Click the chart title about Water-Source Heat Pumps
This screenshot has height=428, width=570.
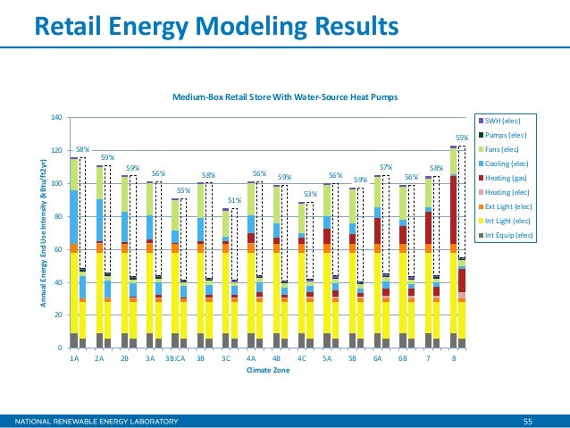tap(284, 96)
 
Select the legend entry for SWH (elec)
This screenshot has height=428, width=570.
tap(504, 120)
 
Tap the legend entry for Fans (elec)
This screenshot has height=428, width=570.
tap(504, 149)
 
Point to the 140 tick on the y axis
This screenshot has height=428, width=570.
tap(54, 117)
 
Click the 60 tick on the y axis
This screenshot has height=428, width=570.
tap(56, 249)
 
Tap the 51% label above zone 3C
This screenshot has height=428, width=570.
tap(234, 201)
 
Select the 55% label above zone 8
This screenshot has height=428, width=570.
tap(462, 138)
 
